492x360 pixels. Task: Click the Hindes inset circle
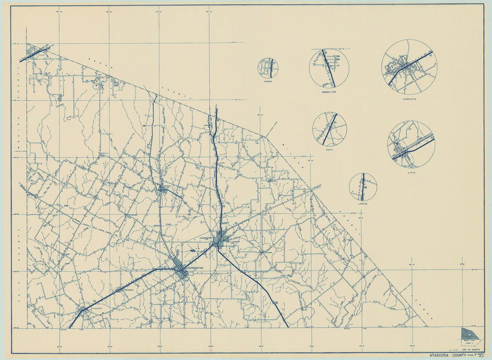(x=267, y=68)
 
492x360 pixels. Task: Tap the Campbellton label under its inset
(x=329, y=91)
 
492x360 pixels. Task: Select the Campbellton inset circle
(x=329, y=68)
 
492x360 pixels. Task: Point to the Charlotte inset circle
(x=409, y=67)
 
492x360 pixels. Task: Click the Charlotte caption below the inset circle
(x=409, y=99)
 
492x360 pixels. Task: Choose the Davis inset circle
(x=330, y=129)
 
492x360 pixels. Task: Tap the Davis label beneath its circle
(x=330, y=150)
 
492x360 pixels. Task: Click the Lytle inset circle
(x=411, y=143)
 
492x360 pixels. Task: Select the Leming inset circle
(x=363, y=187)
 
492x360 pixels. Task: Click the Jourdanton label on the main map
(x=195, y=271)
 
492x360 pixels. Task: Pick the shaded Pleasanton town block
(x=218, y=242)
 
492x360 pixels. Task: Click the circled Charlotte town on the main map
(x=83, y=311)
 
